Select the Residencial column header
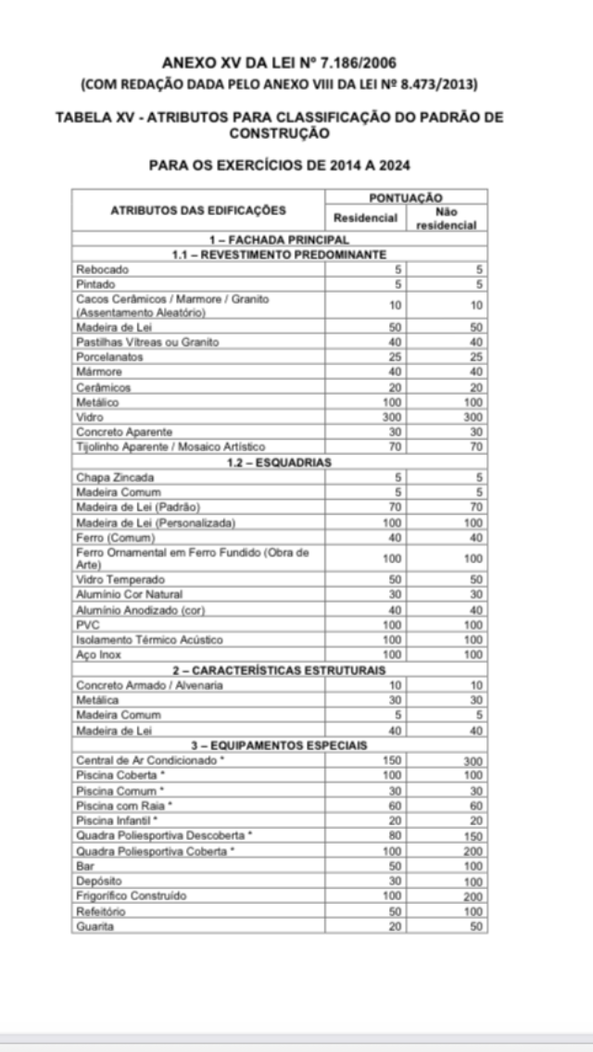365,219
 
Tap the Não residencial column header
447,219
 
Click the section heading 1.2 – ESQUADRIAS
279,462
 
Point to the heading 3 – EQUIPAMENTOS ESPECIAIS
279,744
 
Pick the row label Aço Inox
99,655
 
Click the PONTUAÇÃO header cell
406,197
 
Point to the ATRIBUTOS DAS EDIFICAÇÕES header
198,211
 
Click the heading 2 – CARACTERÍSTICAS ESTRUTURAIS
279,670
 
